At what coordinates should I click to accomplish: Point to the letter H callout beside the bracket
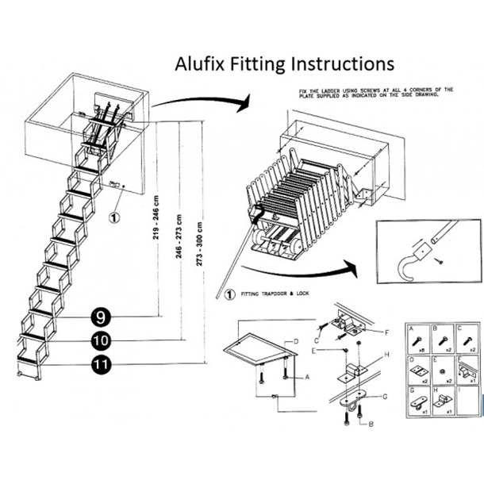point(386,355)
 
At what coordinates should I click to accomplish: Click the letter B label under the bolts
point(371,426)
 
